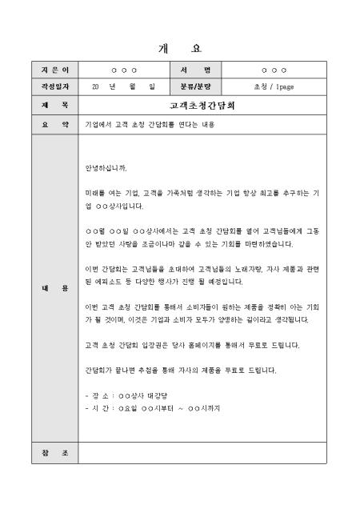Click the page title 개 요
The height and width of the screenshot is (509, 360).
(180, 49)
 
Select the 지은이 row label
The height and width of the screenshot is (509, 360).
(54, 70)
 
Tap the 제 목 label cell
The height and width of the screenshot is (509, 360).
(54, 104)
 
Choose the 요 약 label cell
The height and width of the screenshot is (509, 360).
(54, 125)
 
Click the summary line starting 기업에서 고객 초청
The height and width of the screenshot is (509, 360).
(143, 125)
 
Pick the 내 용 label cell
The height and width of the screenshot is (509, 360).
(54, 287)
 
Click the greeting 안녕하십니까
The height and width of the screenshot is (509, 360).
(105, 169)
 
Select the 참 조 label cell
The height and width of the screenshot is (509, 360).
(54, 453)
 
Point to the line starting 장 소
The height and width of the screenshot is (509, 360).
(125, 395)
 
